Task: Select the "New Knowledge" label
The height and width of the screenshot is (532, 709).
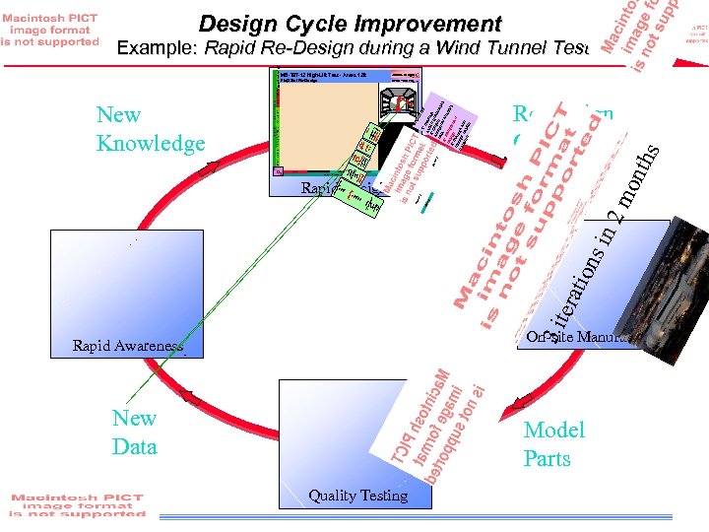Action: click(151, 129)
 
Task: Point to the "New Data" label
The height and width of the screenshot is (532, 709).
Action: click(135, 432)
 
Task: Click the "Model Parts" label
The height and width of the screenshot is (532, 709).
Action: click(553, 444)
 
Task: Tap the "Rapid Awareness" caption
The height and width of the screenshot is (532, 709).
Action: click(127, 346)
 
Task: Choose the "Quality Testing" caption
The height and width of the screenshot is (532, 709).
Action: click(357, 496)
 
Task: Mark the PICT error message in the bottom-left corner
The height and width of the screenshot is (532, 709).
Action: click(77, 505)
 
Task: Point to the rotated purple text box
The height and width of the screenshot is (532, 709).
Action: click(449, 123)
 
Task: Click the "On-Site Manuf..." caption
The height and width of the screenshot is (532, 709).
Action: click(581, 338)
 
